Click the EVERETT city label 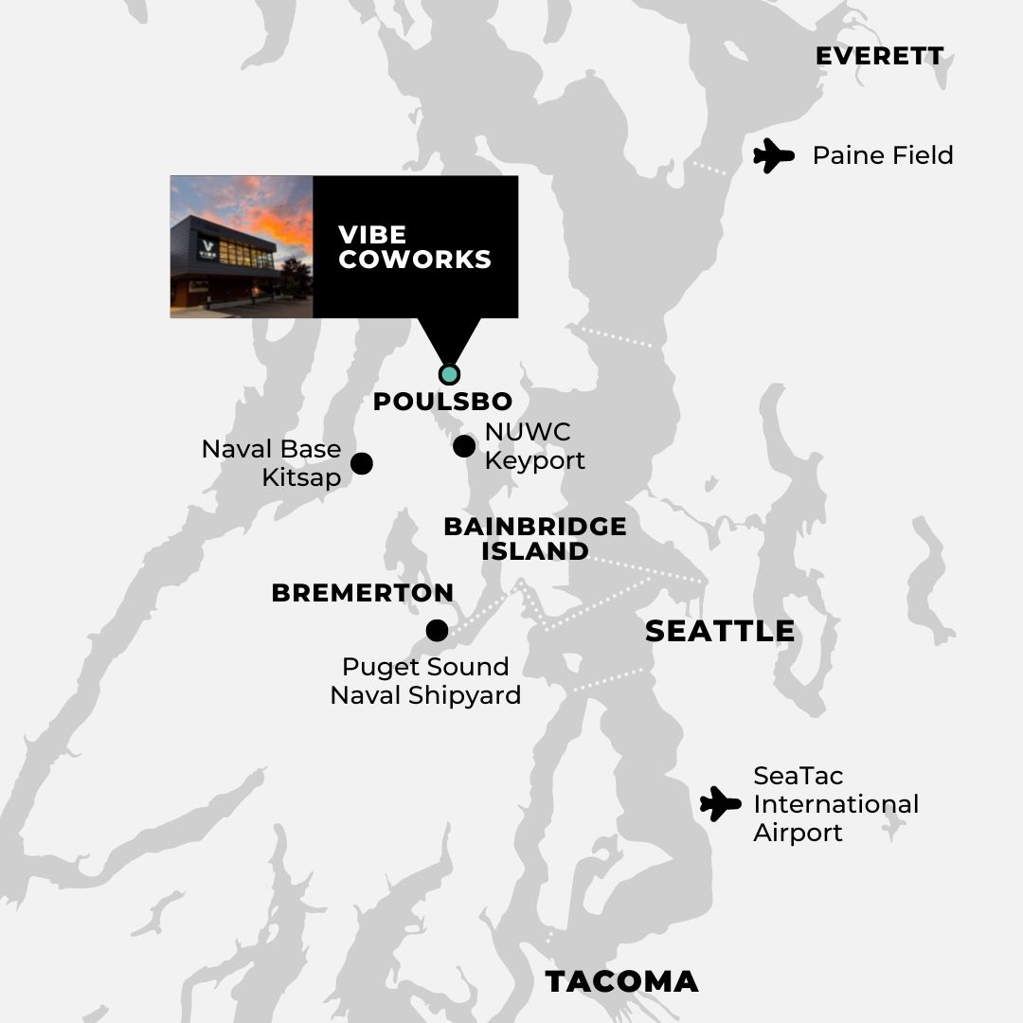click(x=879, y=56)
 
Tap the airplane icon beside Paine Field click(x=773, y=155)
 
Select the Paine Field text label click(x=883, y=155)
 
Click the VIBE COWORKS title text click(x=415, y=247)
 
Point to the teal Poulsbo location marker click(x=450, y=374)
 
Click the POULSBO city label click(x=442, y=402)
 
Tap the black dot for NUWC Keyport click(x=464, y=446)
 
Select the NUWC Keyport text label click(x=534, y=446)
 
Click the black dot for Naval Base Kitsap click(x=362, y=463)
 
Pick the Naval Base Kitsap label click(x=272, y=463)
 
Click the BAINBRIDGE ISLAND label click(x=535, y=538)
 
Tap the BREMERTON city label click(x=362, y=593)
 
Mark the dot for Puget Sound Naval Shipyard click(x=437, y=630)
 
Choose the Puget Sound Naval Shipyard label click(x=425, y=681)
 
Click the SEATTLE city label click(x=720, y=631)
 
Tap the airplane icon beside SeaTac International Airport click(x=721, y=804)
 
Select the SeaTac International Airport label click(x=835, y=804)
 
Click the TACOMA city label click(x=621, y=981)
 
